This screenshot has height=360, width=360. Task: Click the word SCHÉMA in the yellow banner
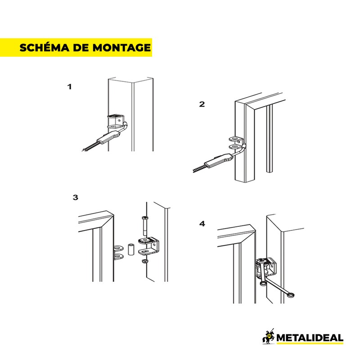tap(44, 47)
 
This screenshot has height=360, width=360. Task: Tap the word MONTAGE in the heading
tap(121, 48)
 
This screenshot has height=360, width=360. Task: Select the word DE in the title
tap(81, 48)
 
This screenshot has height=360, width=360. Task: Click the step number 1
tap(69, 87)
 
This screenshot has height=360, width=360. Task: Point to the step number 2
tap(202, 104)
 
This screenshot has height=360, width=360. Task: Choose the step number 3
tap(75, 198)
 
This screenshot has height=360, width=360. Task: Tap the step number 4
tap(202, 224)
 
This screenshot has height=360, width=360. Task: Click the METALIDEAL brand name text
tap(310, 338)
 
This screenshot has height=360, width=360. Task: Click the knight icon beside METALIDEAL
tap(268, 337)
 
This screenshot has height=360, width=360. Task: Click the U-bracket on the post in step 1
tap(116, 121)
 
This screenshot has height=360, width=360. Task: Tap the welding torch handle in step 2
tap(218, 160)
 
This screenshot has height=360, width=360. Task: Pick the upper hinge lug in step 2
tap(235, 139)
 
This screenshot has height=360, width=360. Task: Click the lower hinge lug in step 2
tap(235, 147)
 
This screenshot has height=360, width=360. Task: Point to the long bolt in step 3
tap(145, 226)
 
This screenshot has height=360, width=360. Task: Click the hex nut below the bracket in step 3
tap(144, 261)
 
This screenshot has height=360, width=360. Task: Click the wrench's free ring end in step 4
tap(291, 295)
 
